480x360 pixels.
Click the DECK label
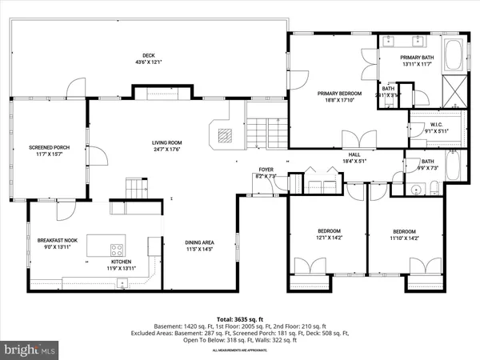tap(149, 55)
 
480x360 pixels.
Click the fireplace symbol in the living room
tap(222, 134)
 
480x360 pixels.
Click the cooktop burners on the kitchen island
tap(117, 247)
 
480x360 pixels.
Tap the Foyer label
tap(265, 170)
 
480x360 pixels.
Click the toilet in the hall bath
tap(433, 188)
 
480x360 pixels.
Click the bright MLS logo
tap(30, 350)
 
